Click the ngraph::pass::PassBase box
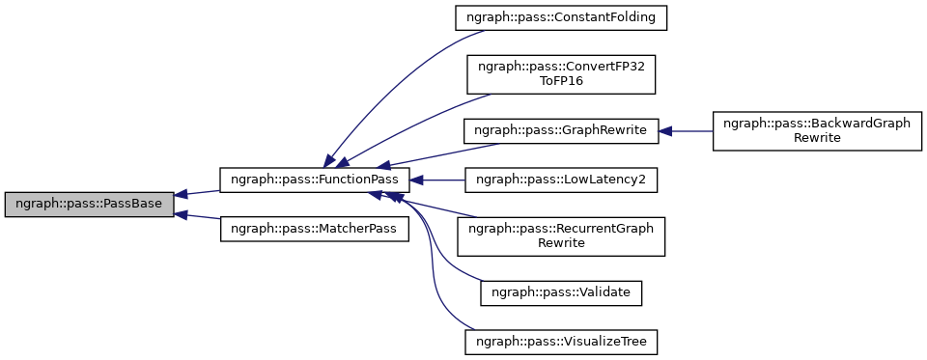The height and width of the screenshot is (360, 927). coord(89,205)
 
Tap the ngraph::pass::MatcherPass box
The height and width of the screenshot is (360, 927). coord(315,229)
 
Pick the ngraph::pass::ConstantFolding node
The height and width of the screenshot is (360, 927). coord(561,17)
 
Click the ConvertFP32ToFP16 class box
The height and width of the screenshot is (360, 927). coord(561,73)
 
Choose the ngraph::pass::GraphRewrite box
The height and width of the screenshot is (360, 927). coord(561,129)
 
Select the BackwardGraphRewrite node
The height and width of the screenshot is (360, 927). coord(815,129)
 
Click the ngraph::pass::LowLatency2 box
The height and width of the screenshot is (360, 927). coord(561,180)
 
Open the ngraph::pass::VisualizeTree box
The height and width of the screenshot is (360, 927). coord(561,342)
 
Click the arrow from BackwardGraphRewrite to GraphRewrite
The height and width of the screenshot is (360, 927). coord(690,129)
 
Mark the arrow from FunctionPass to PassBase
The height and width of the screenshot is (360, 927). coord(198,193)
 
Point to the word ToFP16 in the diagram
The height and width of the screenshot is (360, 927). coord(561,81)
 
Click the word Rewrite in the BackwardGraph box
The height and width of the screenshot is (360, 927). coord(815,137)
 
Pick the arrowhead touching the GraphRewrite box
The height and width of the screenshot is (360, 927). coord(666,129)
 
